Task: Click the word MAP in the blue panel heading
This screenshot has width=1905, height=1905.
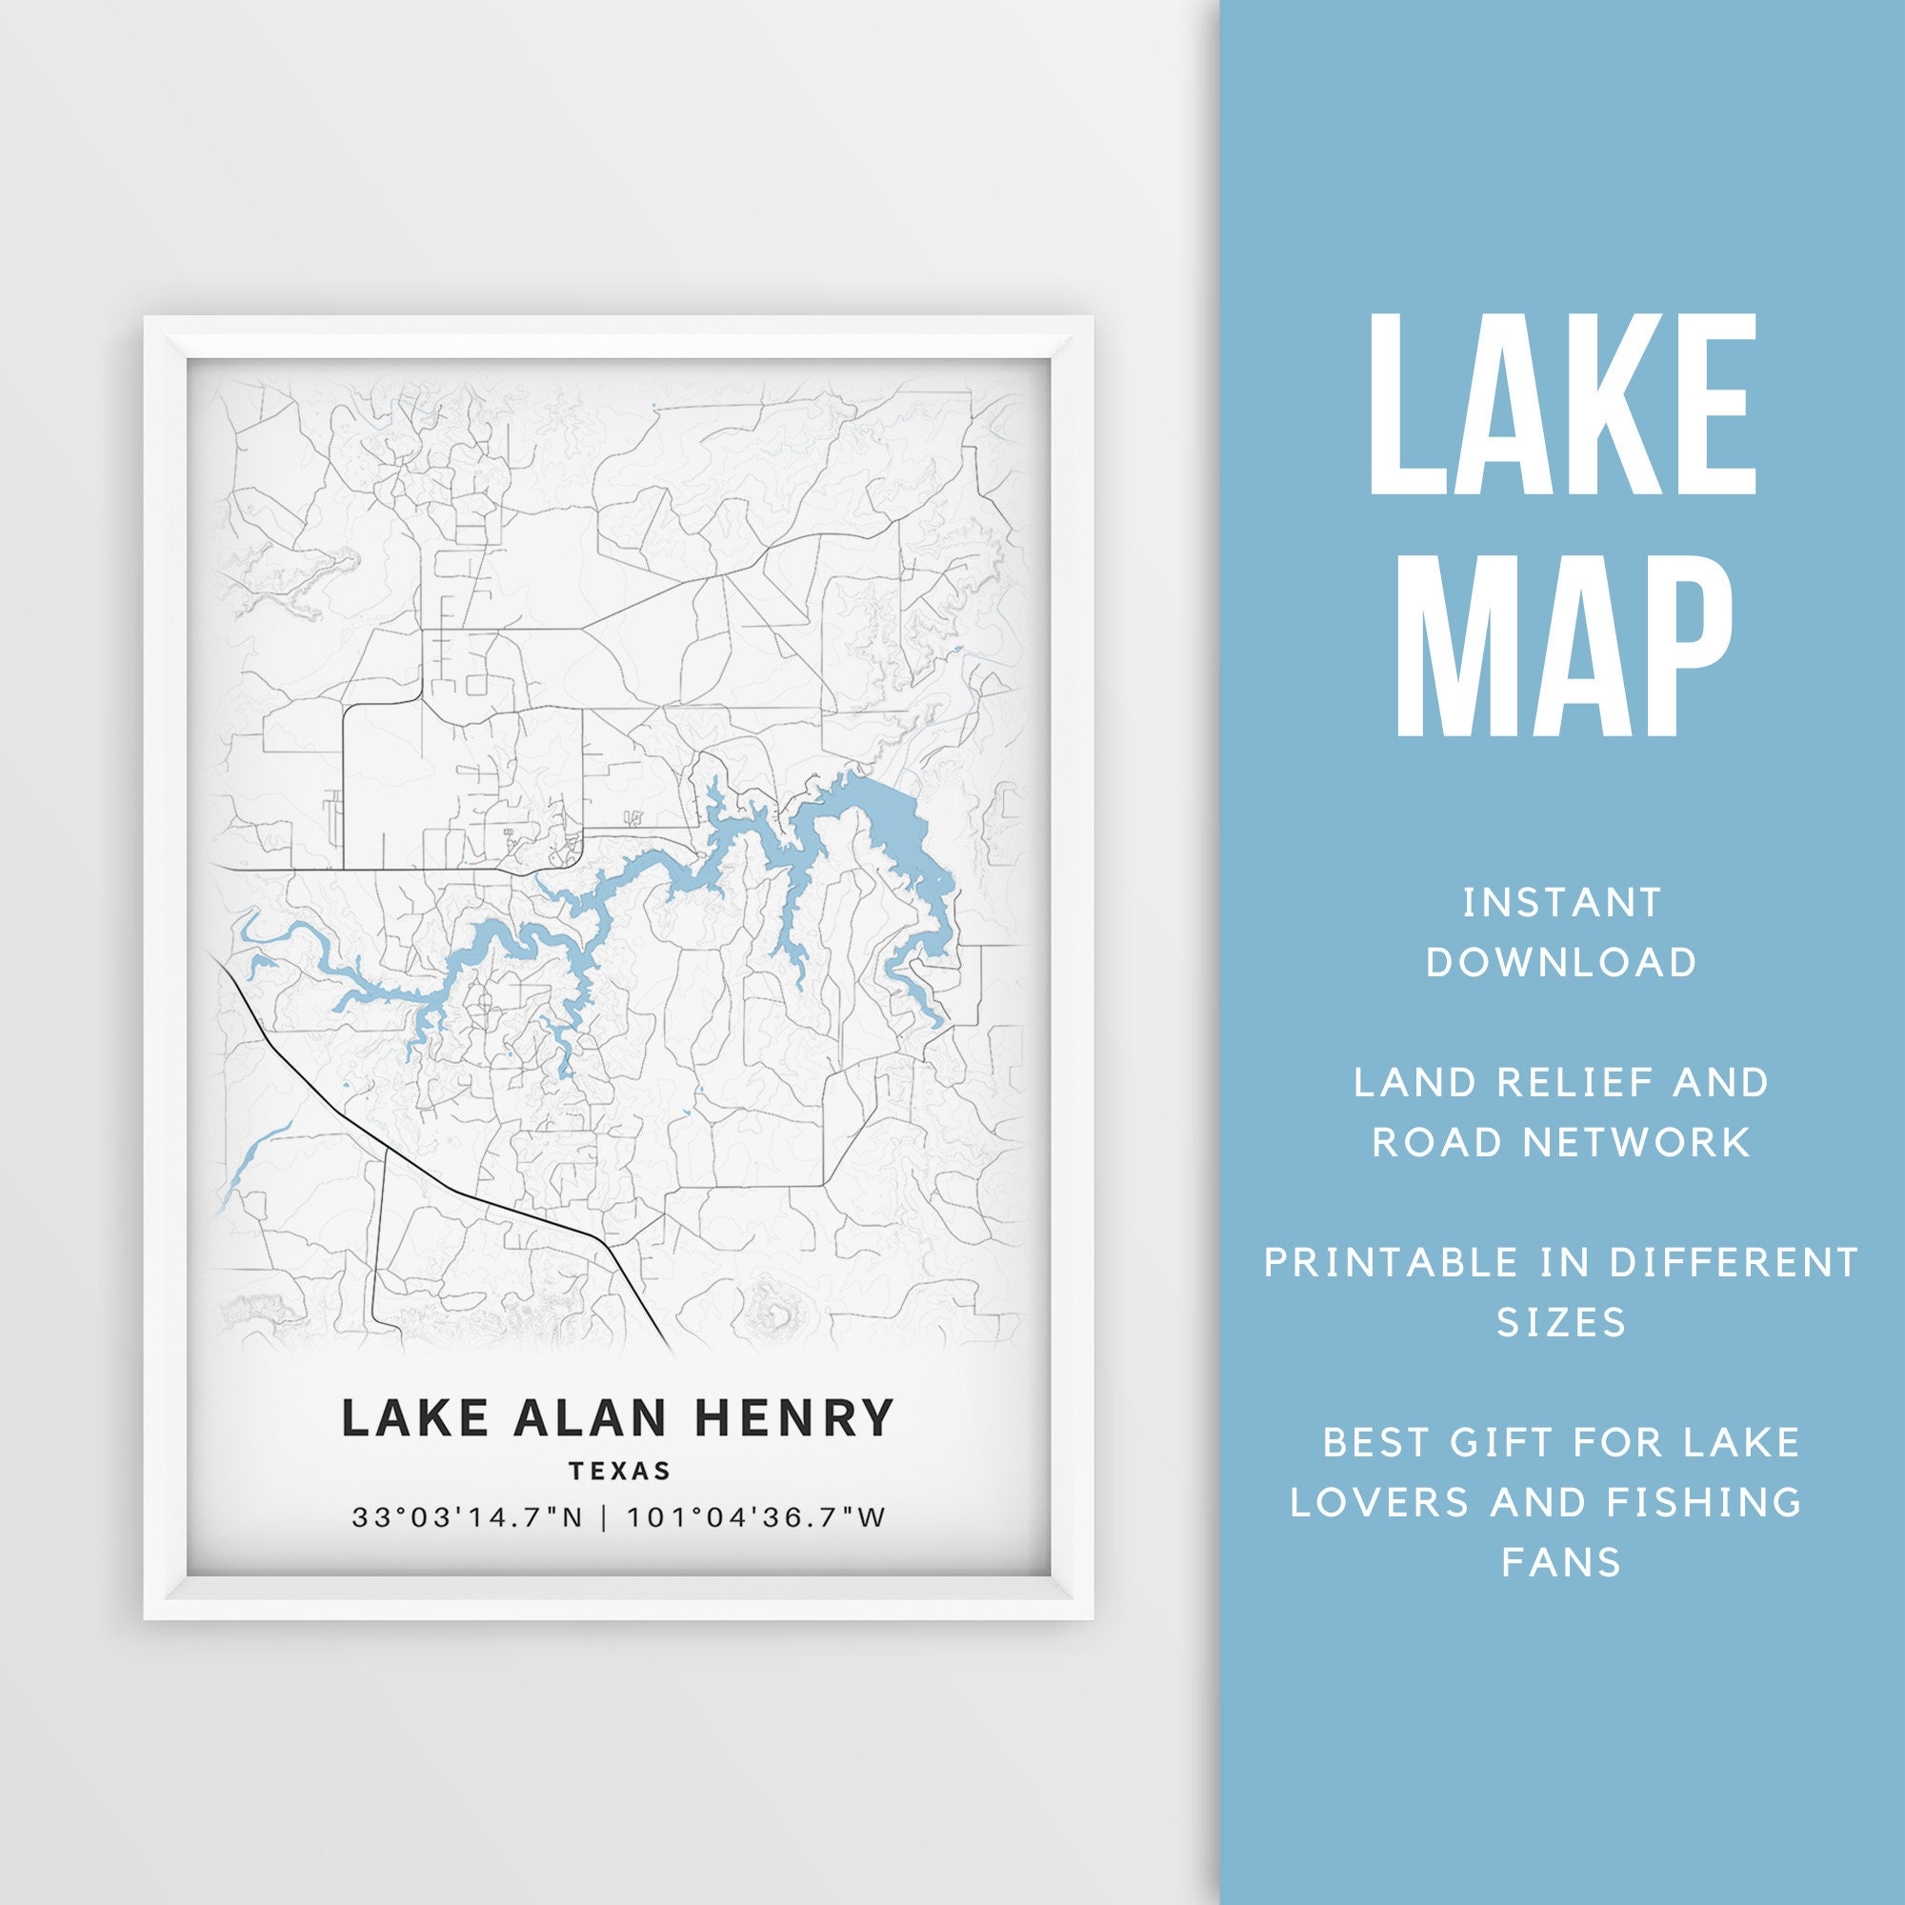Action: pos(1561,646)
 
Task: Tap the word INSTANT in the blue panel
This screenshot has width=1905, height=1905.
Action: pos(1562,902)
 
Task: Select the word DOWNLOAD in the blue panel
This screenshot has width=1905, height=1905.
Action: pos(1562,962)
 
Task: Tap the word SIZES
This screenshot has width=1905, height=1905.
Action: pos(1561,1322)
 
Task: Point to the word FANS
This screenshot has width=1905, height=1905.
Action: pos(1561,1562)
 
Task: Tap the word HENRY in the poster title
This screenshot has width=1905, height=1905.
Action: pos(793,1418)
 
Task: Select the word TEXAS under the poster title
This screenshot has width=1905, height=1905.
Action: pos(619,1472)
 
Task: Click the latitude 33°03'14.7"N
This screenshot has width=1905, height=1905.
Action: pos(469,1517)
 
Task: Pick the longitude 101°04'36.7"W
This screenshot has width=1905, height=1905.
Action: pos(756,1517)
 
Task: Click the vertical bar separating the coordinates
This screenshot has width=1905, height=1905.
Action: pos(605,1517)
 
